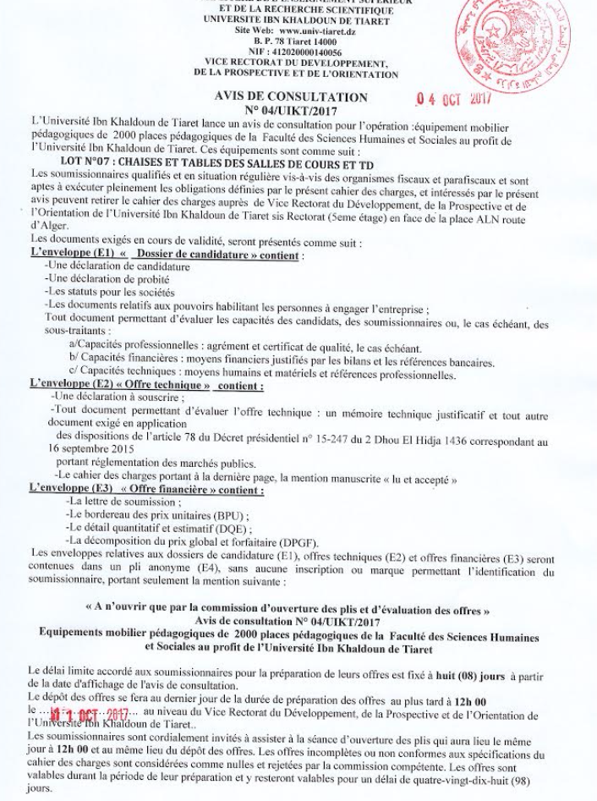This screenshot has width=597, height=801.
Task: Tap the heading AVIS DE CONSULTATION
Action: pos(291,97)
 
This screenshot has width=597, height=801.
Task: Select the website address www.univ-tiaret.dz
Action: pos(315,30)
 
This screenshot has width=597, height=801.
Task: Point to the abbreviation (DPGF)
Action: pos(287,540)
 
